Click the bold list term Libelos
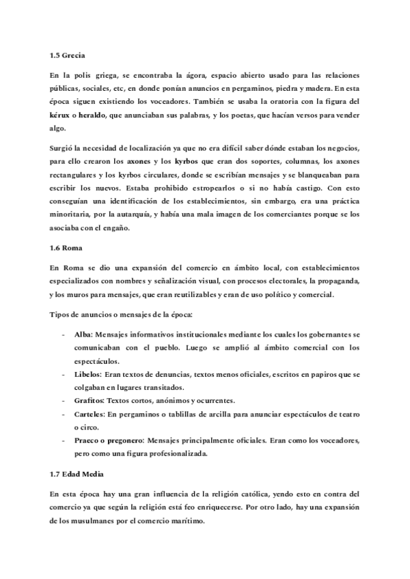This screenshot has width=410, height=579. tap(87, 375)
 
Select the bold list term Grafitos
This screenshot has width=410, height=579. tap(89, 400)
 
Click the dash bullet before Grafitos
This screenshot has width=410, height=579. tap(64, 401)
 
